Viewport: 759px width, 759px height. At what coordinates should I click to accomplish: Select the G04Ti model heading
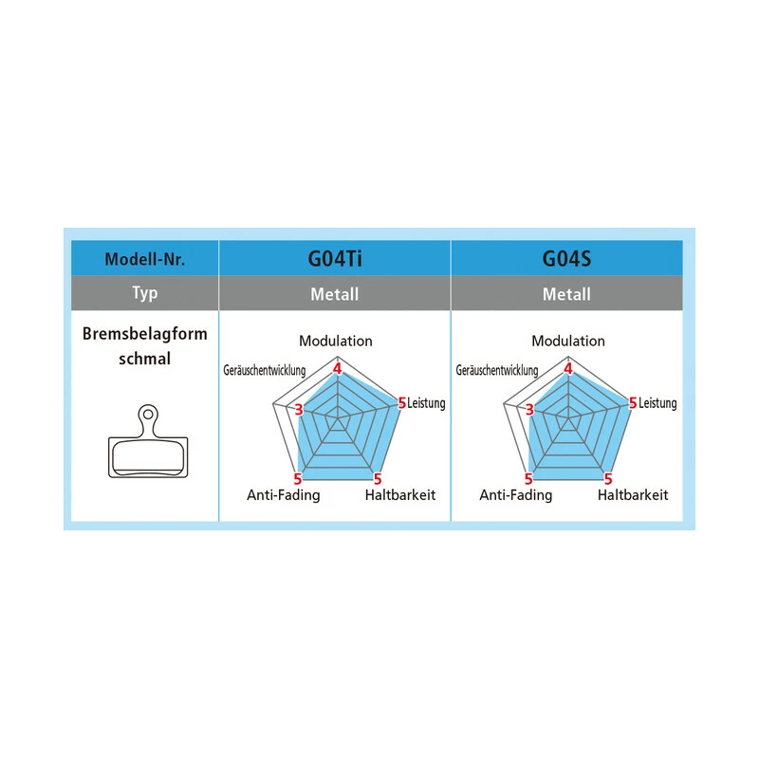335,258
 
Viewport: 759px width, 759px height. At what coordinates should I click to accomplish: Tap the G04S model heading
566,258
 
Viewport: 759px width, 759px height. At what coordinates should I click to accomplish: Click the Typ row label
144,293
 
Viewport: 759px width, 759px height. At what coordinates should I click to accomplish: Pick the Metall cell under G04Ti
335,294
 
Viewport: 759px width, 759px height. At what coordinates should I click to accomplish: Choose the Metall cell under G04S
566,294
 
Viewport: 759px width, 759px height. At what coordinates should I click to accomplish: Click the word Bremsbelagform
144,335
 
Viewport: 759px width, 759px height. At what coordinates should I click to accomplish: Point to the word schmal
144,360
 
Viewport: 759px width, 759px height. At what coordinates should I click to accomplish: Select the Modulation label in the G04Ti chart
336,341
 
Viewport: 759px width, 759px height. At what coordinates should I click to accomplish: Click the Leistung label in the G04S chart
657,403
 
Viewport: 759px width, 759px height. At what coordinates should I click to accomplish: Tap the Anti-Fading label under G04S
515,495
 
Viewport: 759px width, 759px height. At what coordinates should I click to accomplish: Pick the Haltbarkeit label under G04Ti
400,495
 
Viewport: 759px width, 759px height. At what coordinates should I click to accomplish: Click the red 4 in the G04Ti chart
336,368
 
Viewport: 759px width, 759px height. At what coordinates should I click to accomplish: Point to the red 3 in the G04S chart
529,410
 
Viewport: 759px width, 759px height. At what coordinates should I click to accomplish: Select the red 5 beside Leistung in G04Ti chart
401,403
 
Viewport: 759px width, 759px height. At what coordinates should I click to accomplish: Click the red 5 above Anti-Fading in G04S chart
529,478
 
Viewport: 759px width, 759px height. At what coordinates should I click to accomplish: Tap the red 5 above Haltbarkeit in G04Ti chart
377,478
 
